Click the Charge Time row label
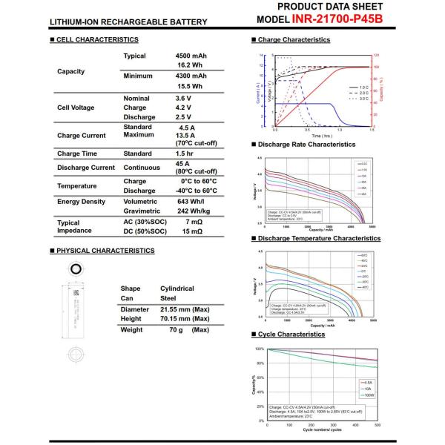click(x=77, y=154)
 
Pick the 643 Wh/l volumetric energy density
click(x=169, y=201)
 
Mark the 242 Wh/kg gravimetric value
click(x=171, y=211)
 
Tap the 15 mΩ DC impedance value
click(x=192, y=233)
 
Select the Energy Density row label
click(x=82, y=201)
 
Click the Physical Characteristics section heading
click(x=105, y=251)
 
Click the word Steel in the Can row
click(x=168, y=298)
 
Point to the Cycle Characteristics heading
click(x=291, y=334)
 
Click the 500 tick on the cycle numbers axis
click(x=378, y=425)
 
